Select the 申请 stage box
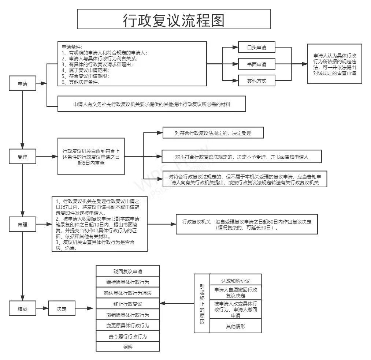[23, 84]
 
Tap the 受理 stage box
[23, 157]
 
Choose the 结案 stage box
[23, 308]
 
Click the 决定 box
[62, 308]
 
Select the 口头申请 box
[256, 48]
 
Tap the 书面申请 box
[256, 64]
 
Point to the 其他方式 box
[256, 81]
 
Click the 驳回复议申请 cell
[127, 271]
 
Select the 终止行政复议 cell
[127, 304]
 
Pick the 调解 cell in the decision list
[127, 346]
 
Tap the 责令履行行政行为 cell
[127, 336]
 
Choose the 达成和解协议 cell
[235, 281]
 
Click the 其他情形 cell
[235, 326]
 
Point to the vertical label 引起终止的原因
[202, 303]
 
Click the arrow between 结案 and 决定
[42, 308]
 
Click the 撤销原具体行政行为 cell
[127, 315]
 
